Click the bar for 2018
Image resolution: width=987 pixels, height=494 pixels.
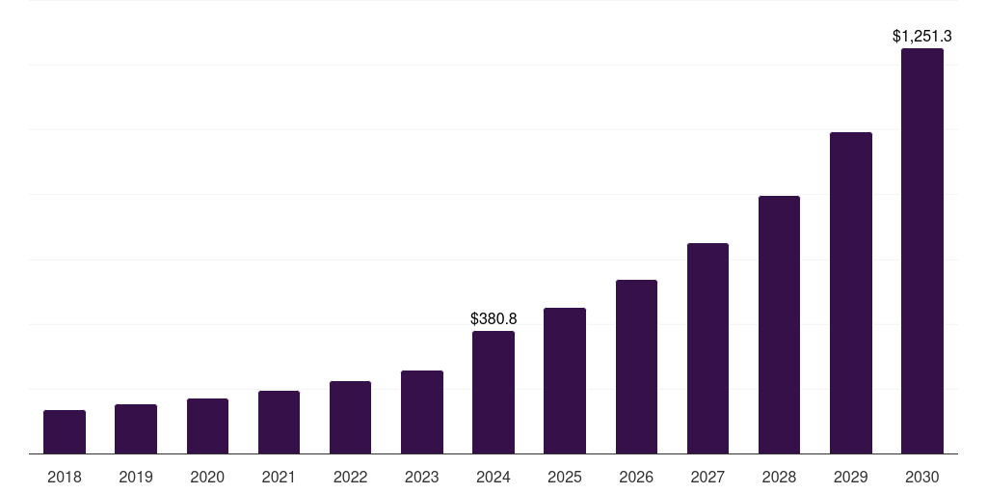point(65,432)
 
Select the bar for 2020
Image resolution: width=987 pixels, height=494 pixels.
point(207,426)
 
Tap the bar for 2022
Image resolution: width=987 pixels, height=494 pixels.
point(350,418)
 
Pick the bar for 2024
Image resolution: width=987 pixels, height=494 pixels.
point(493,393)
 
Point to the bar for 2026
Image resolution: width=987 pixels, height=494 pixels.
point(636,367)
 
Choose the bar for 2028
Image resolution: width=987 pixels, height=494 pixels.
point(779,325)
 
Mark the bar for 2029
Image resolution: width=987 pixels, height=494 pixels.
point(850,293)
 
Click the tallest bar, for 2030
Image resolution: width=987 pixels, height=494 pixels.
point(922,251)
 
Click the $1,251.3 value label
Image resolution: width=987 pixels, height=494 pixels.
point(922,37)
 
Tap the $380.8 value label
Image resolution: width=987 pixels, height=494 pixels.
point(493,318)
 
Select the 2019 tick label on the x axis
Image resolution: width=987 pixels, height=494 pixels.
point(136,477)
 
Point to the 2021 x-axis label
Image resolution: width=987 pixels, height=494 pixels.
point(279,477)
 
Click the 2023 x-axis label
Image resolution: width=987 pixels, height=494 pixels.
point(422,477)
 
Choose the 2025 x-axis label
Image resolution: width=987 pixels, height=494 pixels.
point(565,477)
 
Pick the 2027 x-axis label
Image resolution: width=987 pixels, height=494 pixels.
point(707,477)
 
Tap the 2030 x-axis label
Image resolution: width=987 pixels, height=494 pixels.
point(922,477)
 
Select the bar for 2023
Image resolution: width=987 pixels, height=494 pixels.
point(422,412)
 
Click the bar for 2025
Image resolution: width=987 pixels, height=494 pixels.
point(565,381)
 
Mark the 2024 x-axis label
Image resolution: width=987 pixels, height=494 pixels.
point(493,477)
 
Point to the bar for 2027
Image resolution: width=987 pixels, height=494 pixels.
point(707,348)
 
